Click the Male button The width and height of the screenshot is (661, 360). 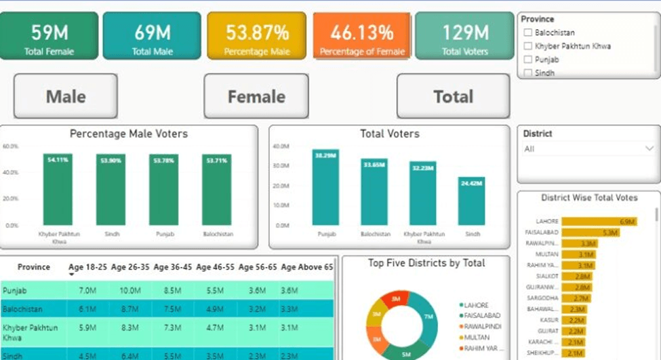[66, 96]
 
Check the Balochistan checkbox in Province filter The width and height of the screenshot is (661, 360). [527, 33]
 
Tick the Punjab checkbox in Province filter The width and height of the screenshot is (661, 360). [527, 60]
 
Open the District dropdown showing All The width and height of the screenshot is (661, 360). [588, 148]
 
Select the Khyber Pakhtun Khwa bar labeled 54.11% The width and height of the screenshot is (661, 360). [58, 190]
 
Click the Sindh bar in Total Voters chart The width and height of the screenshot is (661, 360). [471, 201]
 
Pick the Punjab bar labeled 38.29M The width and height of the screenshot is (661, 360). [325, 188]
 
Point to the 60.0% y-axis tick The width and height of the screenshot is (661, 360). [10, 146]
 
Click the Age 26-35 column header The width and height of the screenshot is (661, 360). [130, 267]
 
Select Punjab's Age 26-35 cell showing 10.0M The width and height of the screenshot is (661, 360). [130, 290]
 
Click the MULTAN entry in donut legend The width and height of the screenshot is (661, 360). [477, 337]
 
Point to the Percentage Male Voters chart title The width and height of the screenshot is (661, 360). [129, 134]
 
